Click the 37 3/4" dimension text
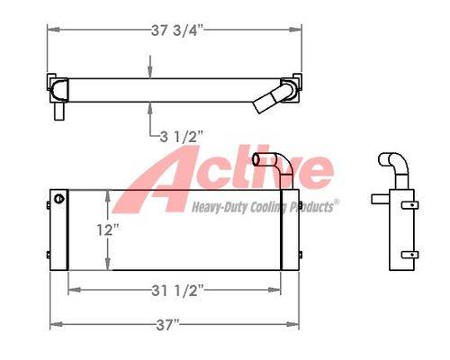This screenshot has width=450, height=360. point(177,30)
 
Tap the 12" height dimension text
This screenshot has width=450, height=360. point(108,230)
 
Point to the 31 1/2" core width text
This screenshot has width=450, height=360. point(177,291)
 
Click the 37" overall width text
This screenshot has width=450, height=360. point(167,325)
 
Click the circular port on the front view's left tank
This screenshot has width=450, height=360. point(59,198)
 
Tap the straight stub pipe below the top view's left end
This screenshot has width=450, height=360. point(58,111)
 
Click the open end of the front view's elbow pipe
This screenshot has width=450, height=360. point(256,159)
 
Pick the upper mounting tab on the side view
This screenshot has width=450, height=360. point(410,205)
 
